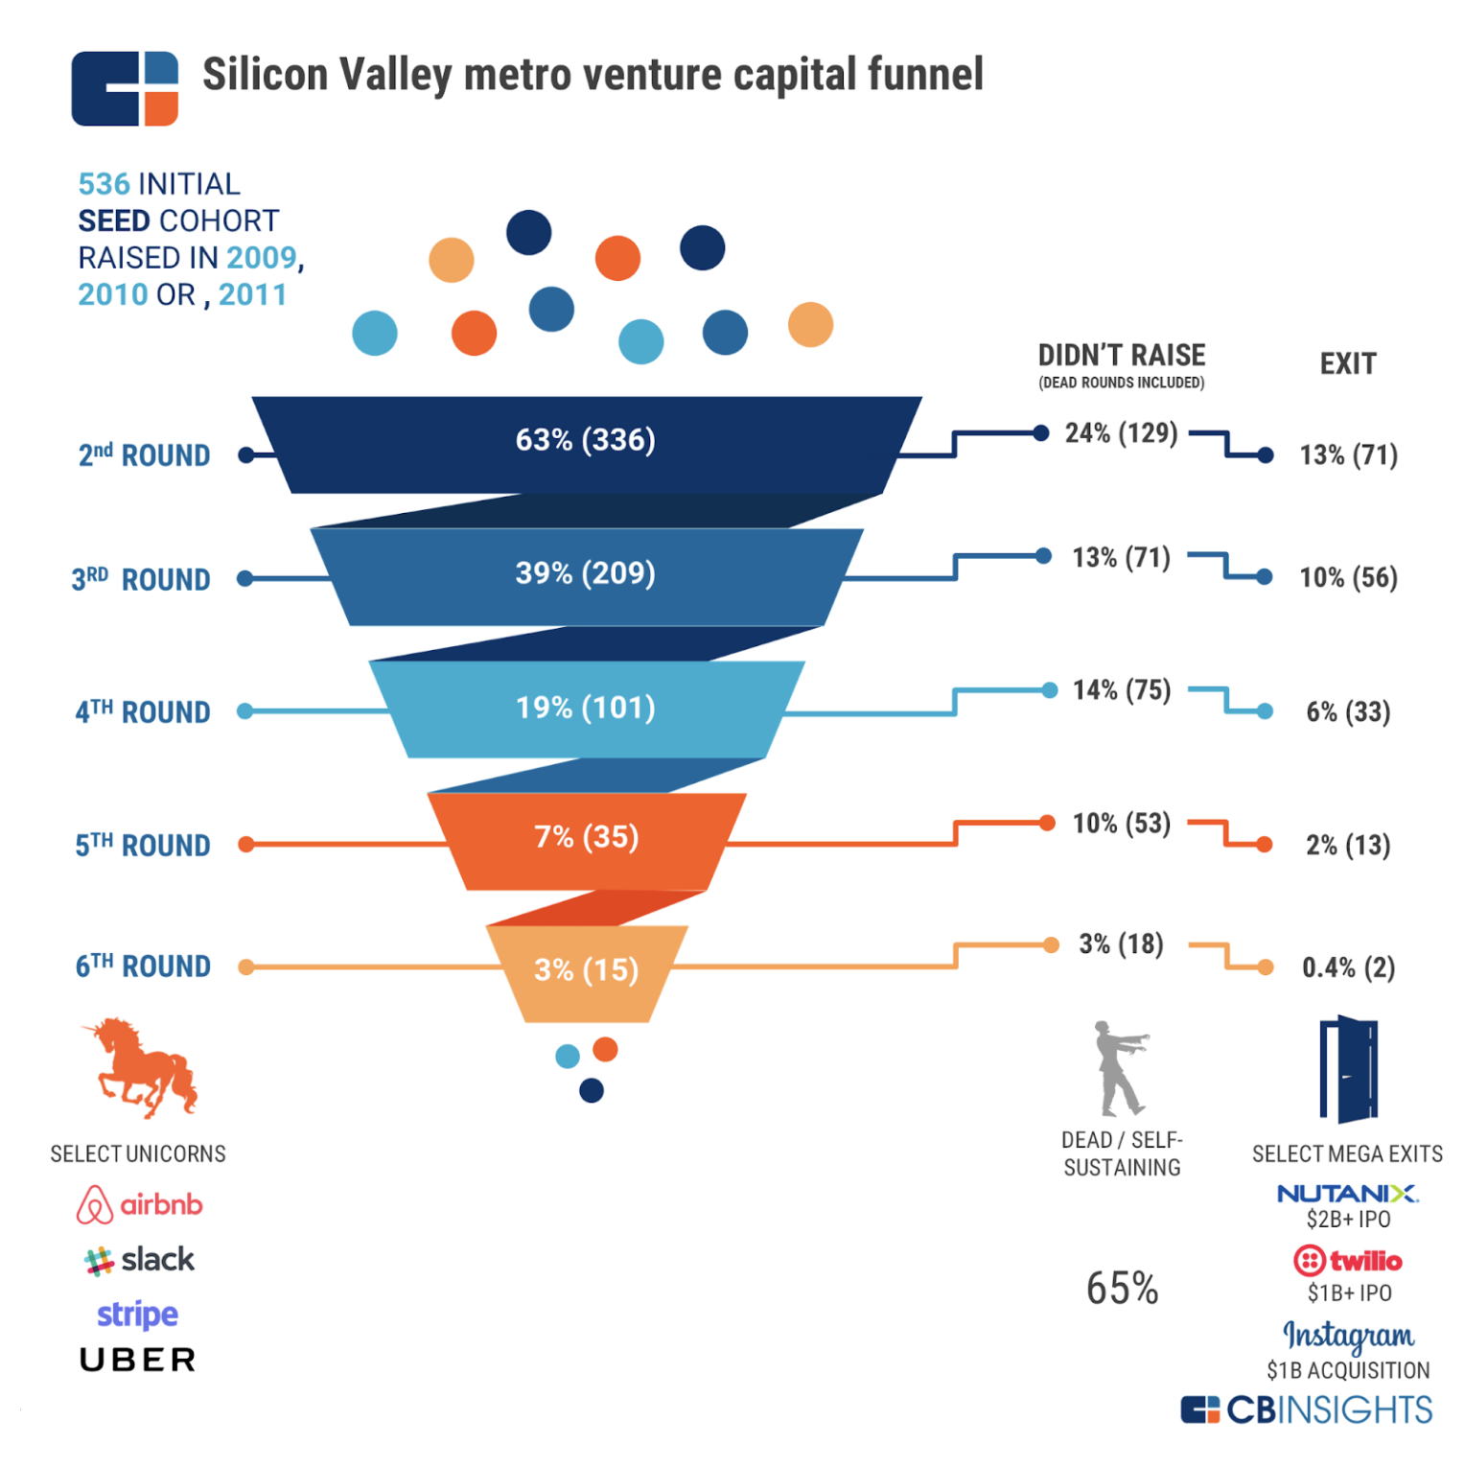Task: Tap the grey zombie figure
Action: (x=1119, y=1068)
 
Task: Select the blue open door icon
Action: (x=1348, y=1068)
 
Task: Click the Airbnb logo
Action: (x=140, y=1204)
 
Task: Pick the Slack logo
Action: (x=140, y=1260)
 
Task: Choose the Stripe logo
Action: (x=138, y=1314)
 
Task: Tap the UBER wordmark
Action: (x=138, y=1360)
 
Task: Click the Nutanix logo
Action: (x=1347, y=1194)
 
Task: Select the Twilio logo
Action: (x=1347, y=1260)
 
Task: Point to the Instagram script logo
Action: (x=1348, y=1335)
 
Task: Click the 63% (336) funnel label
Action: (x=586, y=440)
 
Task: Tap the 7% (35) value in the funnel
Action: (x=586, y=837)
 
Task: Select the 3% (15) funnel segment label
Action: (x=586, y=970)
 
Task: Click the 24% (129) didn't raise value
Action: (x=1121, y=433)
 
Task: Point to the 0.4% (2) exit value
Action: (x=1348, y=967)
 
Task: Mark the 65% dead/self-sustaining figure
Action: (x=1122, y=1289)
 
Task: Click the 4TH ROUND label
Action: (x=143, y=712)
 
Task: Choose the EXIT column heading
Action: (x=1348, y=364)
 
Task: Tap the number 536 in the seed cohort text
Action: (x=104, y=184)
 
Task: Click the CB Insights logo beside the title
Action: (x=125, y=88)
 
